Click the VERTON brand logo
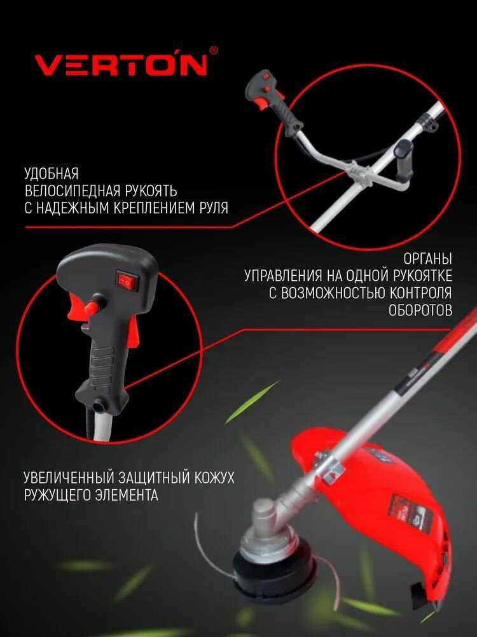pos(121,64)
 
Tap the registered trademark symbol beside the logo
pos(213,50)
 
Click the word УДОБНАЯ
pos(52,173)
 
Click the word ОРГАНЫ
pos(428,259)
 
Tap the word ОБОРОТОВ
pos(420,310)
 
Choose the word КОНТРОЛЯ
pos(421,293)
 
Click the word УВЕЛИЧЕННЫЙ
pos(68,477)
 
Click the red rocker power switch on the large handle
pos(128,280)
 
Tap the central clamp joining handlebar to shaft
pos(360,173)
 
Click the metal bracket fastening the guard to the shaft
pos(330,467)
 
